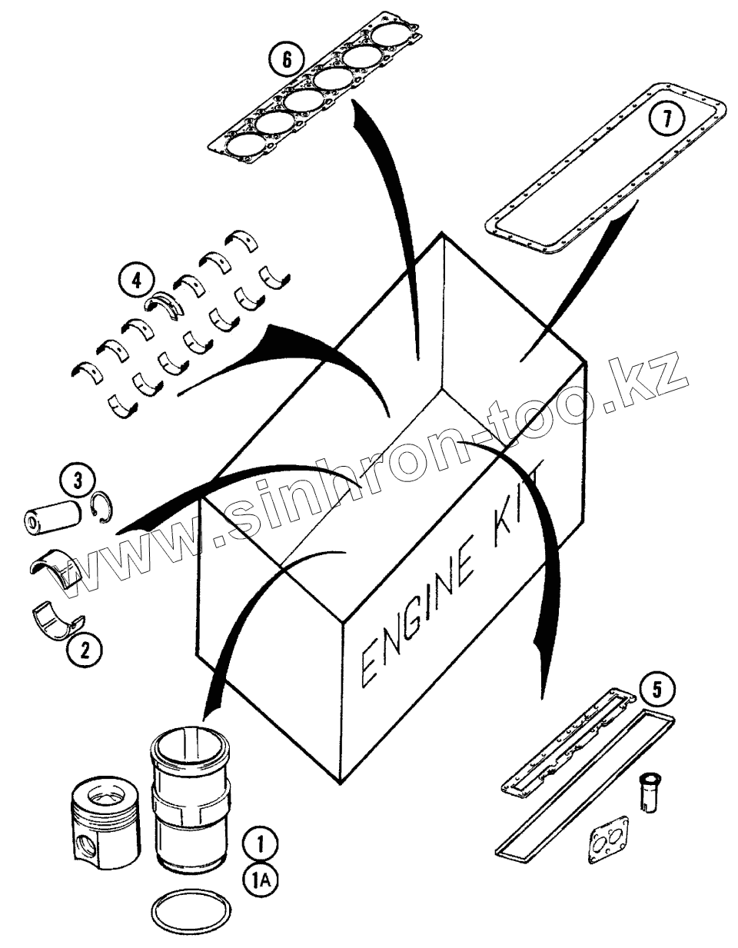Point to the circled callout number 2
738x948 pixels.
85,650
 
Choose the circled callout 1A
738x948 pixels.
259,880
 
